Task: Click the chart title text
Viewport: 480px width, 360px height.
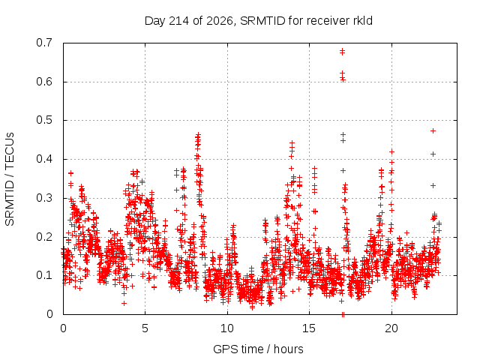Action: (x=258, y=21)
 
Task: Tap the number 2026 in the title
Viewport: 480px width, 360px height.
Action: (x=220, y=21)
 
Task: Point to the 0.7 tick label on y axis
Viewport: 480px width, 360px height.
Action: (x=44, y=43)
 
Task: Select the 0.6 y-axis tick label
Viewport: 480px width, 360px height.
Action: (x=44, y=82)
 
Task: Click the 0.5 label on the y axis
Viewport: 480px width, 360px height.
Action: (x=44, y=120)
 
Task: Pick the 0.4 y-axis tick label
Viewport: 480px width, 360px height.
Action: (x=44, y=159)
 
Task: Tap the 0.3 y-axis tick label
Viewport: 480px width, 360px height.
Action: (x=44, y=198)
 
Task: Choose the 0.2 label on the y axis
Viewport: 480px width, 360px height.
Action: (x=44, y=237)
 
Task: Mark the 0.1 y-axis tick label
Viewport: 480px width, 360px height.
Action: (x=44, y=275)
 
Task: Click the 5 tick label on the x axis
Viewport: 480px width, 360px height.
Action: (x=145, y=328)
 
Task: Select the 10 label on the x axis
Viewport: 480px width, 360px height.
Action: (x=226, y=328)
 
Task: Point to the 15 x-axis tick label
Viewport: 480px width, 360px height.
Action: (x=309, y=328)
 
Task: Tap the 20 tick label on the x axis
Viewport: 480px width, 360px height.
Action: (x=391, y=328)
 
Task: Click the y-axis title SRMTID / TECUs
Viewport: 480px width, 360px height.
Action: (x=10, y=179)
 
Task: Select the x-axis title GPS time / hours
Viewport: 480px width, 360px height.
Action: (x=258, y=349)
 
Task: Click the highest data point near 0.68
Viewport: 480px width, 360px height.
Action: (x=342, y=50)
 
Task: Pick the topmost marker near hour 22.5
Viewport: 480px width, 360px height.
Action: (x=433, y=131)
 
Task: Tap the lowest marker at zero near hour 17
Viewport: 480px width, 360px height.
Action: (x=343, y=314)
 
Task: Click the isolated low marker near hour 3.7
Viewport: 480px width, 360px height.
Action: (x=124, y=303)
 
